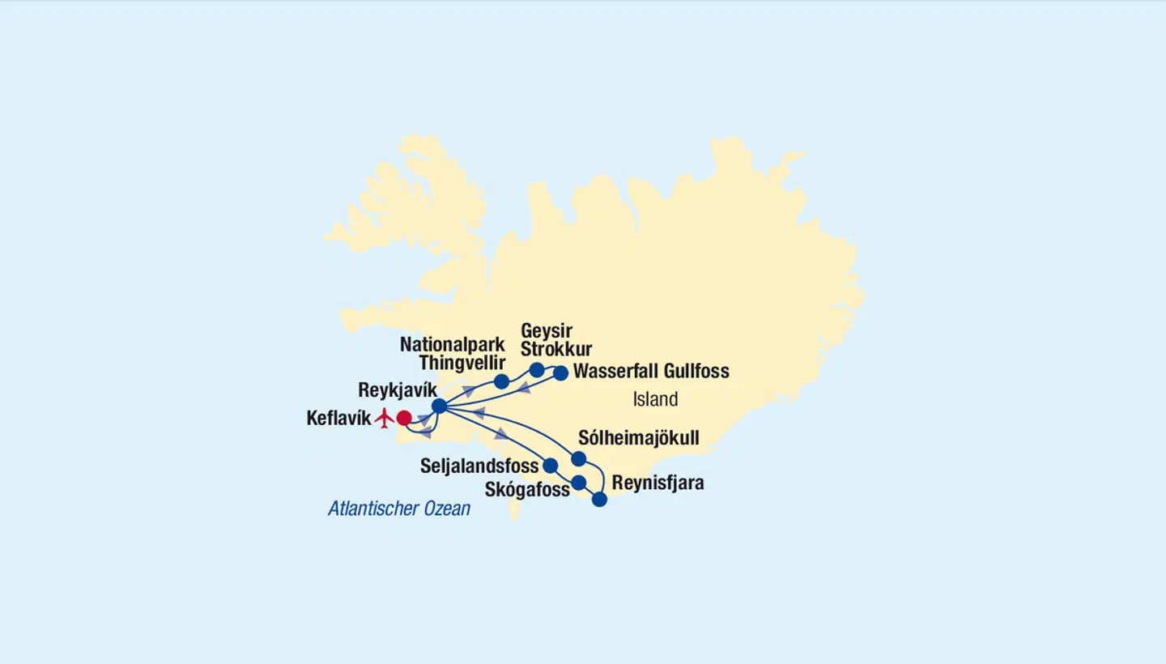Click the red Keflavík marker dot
[404, 418]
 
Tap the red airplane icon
[384, 419]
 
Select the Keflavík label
[338, 419]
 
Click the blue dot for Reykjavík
[439, 406]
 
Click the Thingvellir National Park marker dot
[501, 381]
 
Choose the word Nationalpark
[453, 344]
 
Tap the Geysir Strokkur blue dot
[536, 370]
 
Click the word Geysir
[547, 330]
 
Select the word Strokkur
[556, 350]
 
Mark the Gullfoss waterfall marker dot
[560, 373]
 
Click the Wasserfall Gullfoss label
[651, 372]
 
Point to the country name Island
[655, 399]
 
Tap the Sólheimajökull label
[638, 438]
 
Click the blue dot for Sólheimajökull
[579, 459]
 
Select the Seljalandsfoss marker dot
[551, 466]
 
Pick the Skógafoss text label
[526, 489]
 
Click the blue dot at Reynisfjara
[599, 500]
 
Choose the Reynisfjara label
[657, 483]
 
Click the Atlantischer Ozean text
[399, 509]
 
